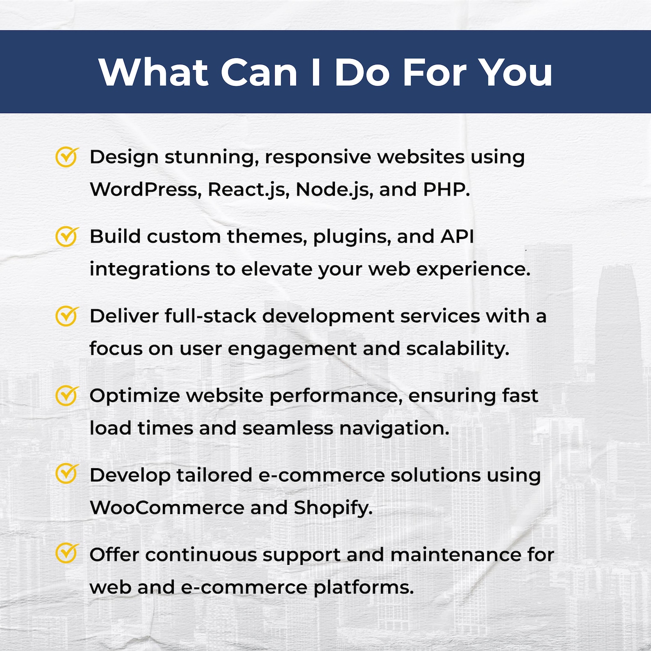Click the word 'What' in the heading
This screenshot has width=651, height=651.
coord(153,72)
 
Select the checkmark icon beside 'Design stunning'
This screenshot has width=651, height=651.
coord(66,157)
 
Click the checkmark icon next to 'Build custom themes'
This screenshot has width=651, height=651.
coord(66,236)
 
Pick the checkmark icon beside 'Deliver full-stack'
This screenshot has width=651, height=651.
coord(66,316)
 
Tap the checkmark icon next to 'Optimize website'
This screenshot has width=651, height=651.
coord(66,395)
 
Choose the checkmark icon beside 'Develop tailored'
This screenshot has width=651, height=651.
coord(66,474)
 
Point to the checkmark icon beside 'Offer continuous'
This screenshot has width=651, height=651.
coord(66,554)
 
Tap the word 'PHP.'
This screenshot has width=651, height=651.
coord(446,189)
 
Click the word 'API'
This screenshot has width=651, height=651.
coord(457,237)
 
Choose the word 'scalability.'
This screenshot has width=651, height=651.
coord(458,349)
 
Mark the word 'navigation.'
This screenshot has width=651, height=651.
coord(394,428)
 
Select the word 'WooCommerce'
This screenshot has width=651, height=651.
coord(167,508)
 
